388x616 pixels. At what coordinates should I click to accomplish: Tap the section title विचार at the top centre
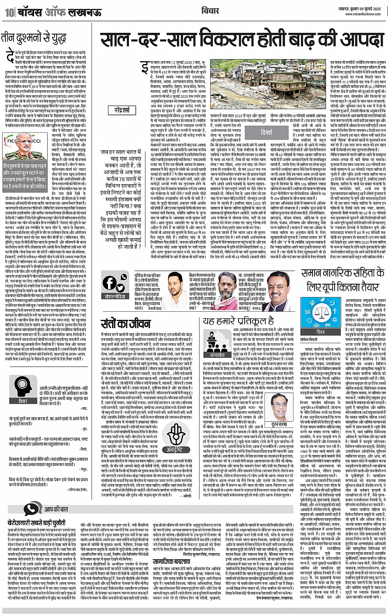pos(210,10)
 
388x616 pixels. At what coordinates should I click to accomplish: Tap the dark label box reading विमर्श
pos(266,133)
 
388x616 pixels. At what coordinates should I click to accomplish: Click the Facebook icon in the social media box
pos(110,283)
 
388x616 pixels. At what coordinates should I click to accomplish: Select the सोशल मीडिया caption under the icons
pos(115,296)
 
